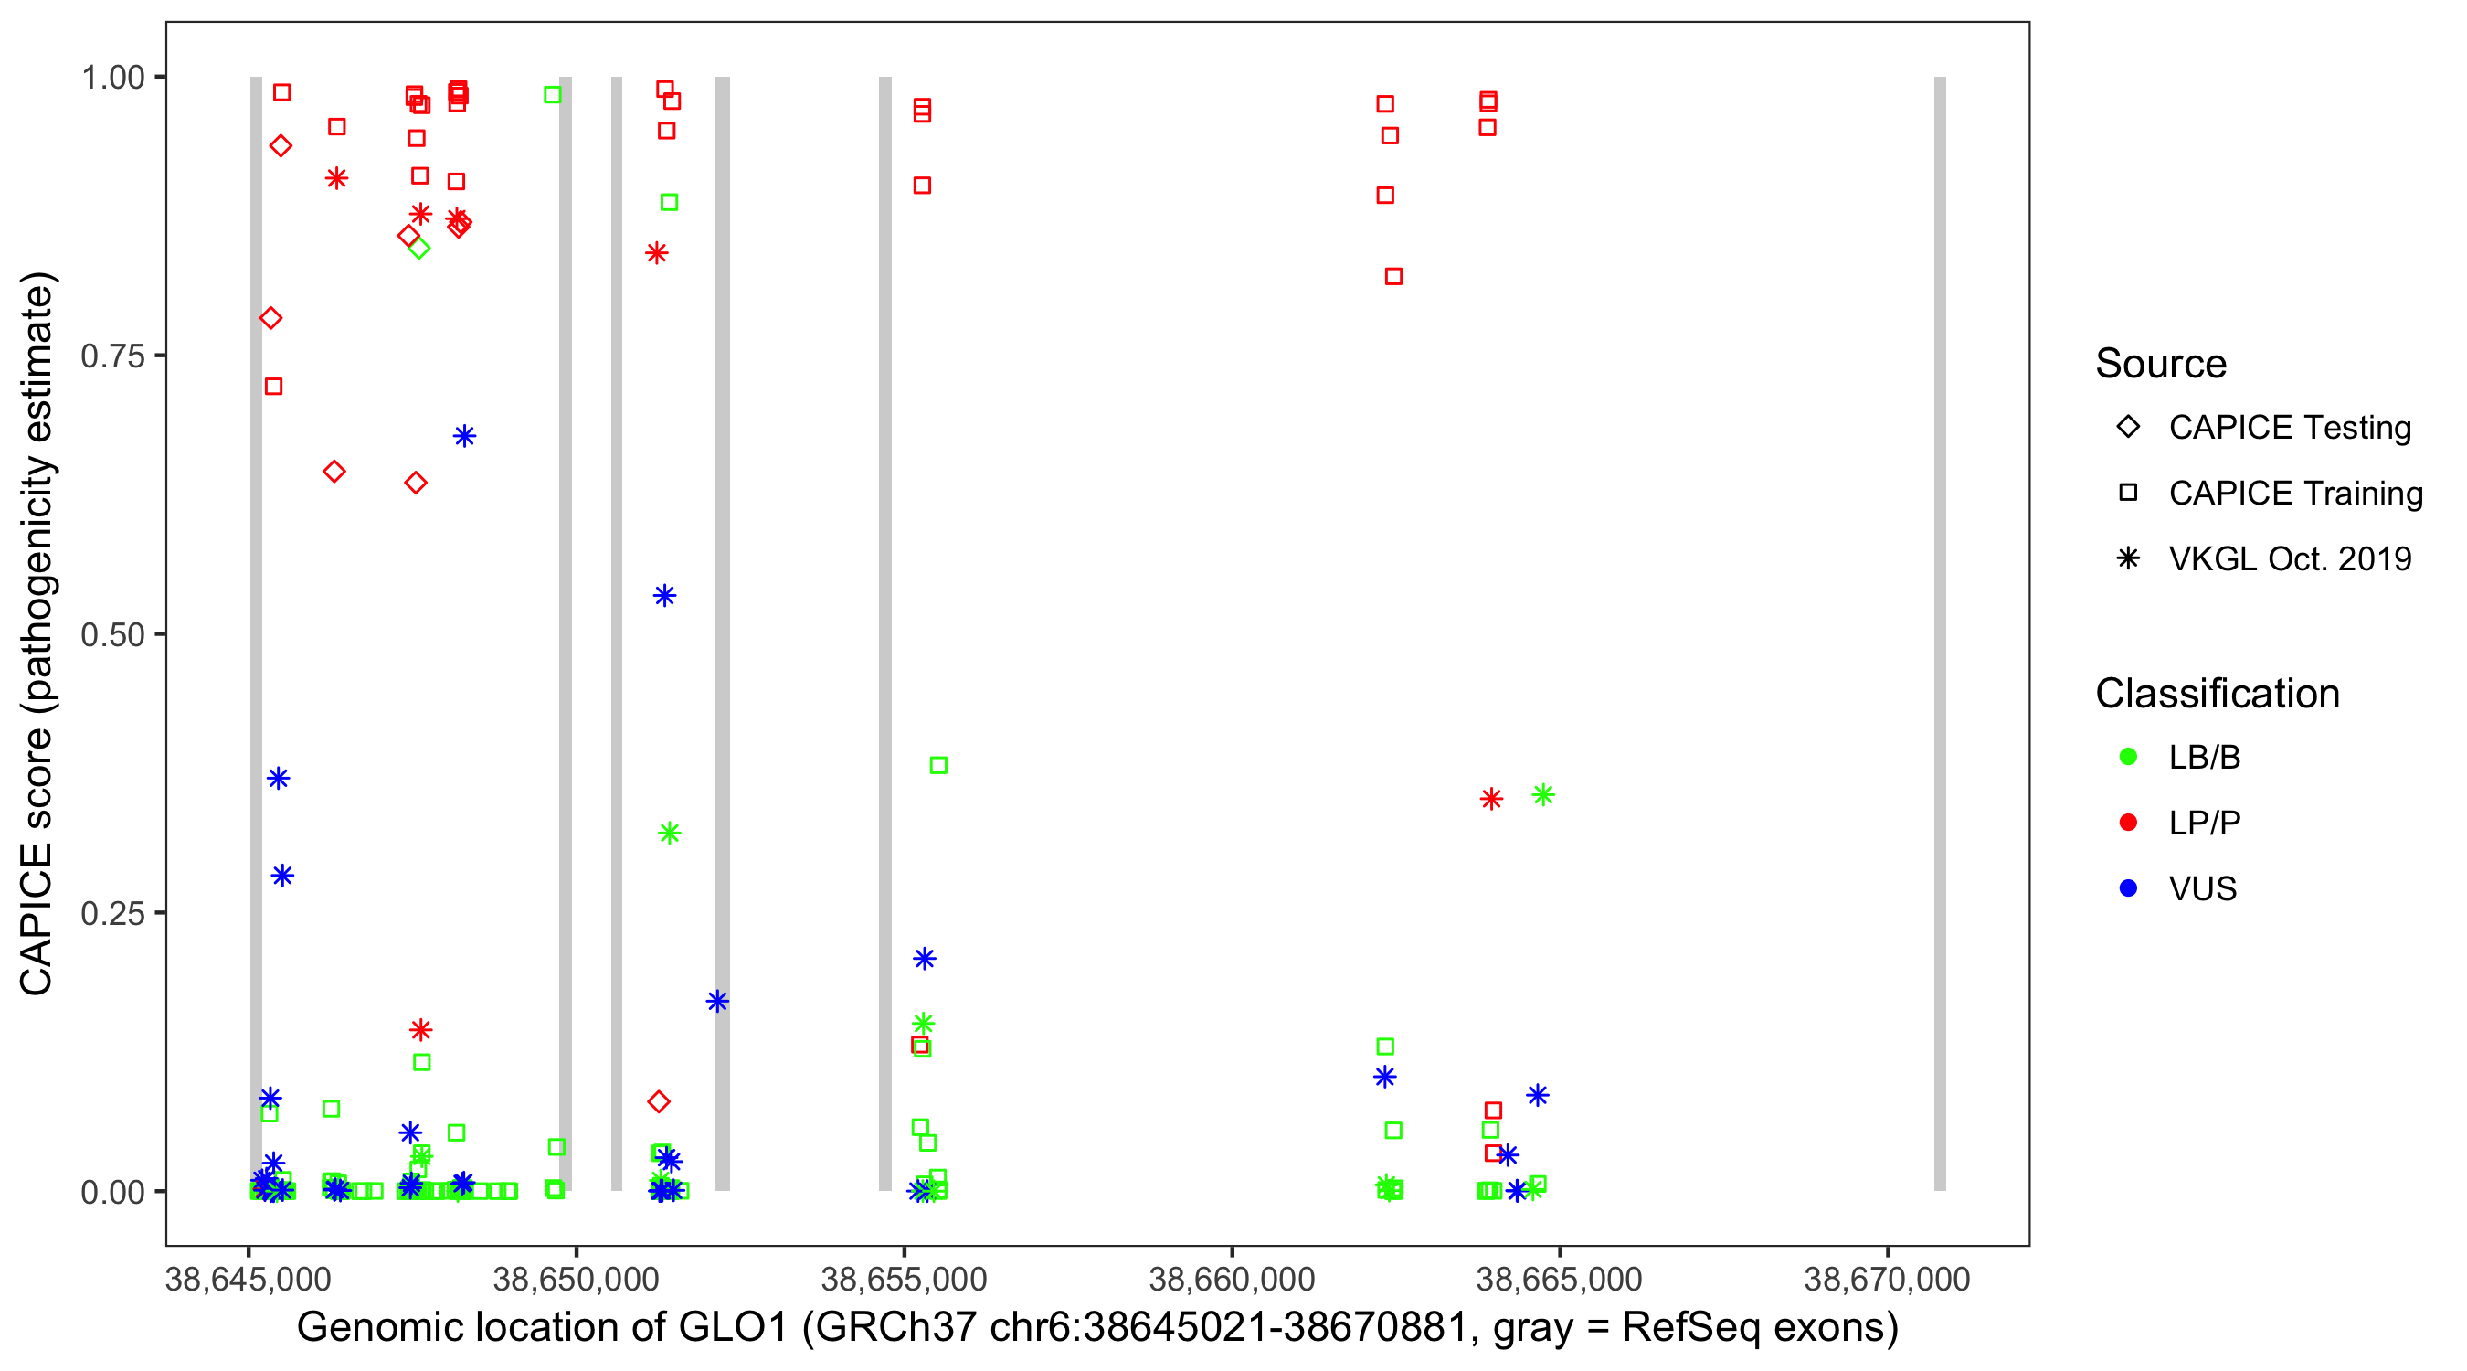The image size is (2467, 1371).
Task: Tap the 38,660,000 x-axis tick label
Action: pyautogui.click(x=1232, y=1279)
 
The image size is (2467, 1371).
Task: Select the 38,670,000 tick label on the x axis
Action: pyautogui.click(x=1887, y=1279)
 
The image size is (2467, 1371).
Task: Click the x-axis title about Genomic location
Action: pyautogui.click(x=1096, y=1328)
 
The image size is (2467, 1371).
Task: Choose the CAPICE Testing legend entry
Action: pyautogui.click(x=2289, y=428)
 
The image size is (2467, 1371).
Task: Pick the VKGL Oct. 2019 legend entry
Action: pyautogui.click(x=2289, y=558)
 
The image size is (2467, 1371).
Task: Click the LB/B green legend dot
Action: pyautogui.click(x=2129, y=757)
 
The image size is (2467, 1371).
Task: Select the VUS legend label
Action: pyautogui.click(x=2203, y=889)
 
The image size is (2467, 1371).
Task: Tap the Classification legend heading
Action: pyautogui.click(x=2217, y=694)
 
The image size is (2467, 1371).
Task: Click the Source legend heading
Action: pyautogui.click(x=2161, y=364)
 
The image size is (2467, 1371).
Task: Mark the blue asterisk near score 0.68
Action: pyautogui.click(x=464, y=437)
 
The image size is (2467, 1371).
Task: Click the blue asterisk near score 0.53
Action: pyautogui.click(x=664, y=596)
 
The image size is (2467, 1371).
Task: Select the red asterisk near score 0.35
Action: pyautogui.click(x=1491, y=799)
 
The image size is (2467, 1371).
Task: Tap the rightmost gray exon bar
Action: pyautogui.click(x=1939, y=633)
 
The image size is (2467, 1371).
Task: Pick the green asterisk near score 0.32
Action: pyautogui.click(x=670, y=834)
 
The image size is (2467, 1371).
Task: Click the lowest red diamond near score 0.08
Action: pyautogui.click(x=658, y=1101)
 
